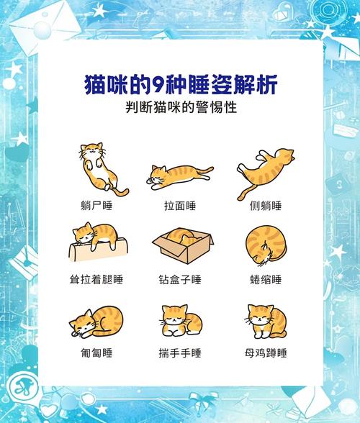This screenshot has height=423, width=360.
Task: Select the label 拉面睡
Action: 180,206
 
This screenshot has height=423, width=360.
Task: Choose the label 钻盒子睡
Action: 180,279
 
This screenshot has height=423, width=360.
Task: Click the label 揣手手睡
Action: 180,353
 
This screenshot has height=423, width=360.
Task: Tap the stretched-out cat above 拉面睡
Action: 180,175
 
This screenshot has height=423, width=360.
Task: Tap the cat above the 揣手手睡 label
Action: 180,321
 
